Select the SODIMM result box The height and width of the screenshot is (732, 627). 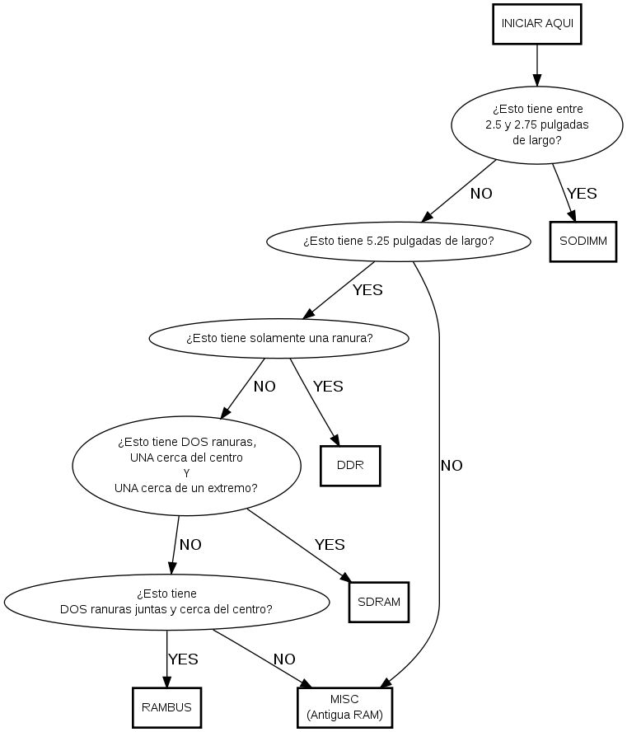tap(583, 242)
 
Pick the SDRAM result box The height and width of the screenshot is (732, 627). tap(379, 602)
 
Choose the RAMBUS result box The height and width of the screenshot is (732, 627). tap(166, 707)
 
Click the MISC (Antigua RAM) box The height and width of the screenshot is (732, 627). tap(344, 707)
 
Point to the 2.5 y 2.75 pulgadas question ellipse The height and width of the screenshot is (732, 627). tap(537, 124)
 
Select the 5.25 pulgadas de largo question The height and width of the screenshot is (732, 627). tap(399, 242)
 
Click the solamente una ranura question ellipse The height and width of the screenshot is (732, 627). tap(279, 338)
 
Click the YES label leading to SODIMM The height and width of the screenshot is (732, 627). tap(582, 194)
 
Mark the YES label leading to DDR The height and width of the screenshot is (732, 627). tap(328, 386)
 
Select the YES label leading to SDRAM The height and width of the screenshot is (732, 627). tap(330, 544)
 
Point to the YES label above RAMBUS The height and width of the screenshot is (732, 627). tap(183, 659)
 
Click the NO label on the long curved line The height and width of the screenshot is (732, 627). tap(452, 466)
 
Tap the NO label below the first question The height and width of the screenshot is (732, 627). tap(481, 194)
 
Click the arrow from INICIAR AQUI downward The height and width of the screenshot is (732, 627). tap(537, 64)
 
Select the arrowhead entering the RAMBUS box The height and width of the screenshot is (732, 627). tap(166, 683)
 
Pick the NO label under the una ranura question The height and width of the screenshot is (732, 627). tap(264, 386)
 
